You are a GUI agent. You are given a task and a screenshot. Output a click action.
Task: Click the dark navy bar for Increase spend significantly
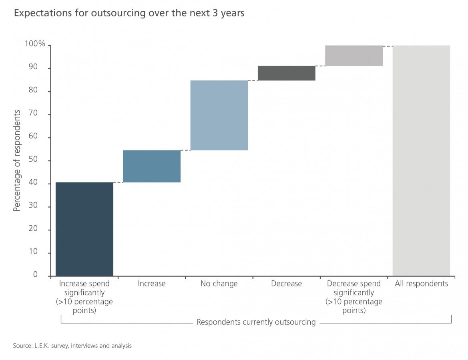pyautogui.click(x=84, y=229)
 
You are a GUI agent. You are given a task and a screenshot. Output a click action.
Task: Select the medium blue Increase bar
pyautogui.click(x=152, y=166)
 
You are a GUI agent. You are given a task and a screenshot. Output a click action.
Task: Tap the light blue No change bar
pyautogui.click(x=219, y=115)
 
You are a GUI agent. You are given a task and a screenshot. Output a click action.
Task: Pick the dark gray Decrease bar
pyautogui.click(x=286, y=73)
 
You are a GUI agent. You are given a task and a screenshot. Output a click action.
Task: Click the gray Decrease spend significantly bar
pyautogui.click(x=354, y=56)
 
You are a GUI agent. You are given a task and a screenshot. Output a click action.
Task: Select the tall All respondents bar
pyautogui.click(x=421, y=160)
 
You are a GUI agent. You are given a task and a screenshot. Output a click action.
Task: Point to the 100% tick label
pyautogui.click(x=35, y=44)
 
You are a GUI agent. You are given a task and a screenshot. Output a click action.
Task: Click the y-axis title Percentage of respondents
pyautogui.click(x=17, y=161)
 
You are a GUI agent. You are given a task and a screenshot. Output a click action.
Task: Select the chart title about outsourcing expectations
pyautogui.click(x=129, y=13)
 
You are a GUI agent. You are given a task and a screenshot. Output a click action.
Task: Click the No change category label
pyautogui.click(x=219, y=284)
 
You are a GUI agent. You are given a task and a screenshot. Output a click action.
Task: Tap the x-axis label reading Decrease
pyautogui.click(x=286, y=284)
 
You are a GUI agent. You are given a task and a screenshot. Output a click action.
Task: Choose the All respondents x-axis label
pyautogui.click(x=421, y=284)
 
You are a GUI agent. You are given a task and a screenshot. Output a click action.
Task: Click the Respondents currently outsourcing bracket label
pyautogui.click(x=256, y=322)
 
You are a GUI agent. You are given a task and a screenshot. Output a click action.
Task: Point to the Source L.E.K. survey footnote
pyautogui.click(x=72, y=346)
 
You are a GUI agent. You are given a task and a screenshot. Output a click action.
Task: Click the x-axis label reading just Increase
pyautogui.click(x=152, y=284)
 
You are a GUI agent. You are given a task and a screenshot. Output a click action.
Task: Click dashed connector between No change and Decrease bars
pyautogui.click(x=253, y=80)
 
